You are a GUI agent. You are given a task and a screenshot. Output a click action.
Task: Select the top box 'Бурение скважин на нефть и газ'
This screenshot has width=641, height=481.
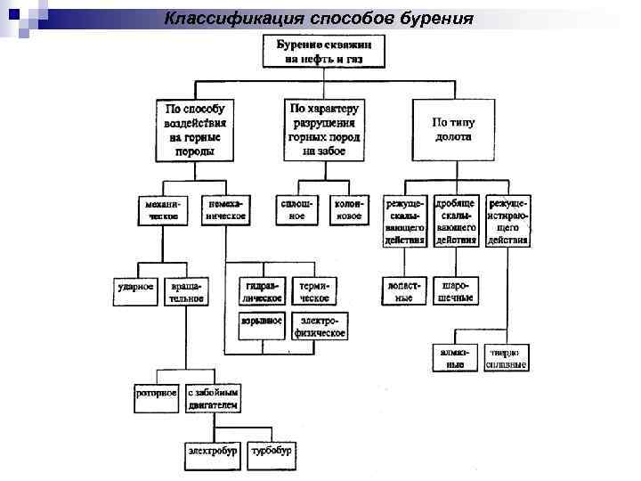pyautogui.click(x=324, y=52)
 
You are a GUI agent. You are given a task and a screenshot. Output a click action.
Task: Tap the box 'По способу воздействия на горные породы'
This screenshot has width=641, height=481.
pyautogui.click(x=194, y=129)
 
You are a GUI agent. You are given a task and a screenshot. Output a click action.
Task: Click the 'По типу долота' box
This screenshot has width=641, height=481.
pyautogui.click(x=452, y=129)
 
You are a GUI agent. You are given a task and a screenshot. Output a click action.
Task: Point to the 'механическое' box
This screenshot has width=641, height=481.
pyautogui.click(x=163, y=209)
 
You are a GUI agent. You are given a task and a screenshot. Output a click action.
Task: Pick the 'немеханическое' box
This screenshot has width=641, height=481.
pyautogui.click(x=226, y=209)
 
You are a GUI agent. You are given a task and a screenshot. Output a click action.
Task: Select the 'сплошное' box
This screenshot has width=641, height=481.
pyautogui.click(x=298, y=209)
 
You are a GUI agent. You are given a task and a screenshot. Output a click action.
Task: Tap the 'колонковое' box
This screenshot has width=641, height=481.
pyautogui.click(x=347, y=209)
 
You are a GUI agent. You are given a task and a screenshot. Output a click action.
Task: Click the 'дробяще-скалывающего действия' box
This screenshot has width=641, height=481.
pyautogui.click(x=456, y=221)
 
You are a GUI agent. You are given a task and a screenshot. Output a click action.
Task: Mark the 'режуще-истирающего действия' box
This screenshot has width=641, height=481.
pyautogui.click(x=507, y=221)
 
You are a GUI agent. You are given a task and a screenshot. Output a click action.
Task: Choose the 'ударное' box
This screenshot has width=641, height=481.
pyautogui.click(x=136, y=287)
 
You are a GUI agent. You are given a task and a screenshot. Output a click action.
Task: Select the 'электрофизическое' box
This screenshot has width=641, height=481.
pyautogui.click(x=320, y=325)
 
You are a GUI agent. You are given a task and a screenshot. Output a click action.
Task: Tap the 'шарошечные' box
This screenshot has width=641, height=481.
pyautogui.click(x=456, y=291)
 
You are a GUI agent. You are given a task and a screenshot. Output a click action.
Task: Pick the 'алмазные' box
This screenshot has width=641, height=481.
pyautogui.click(x=456, y=357)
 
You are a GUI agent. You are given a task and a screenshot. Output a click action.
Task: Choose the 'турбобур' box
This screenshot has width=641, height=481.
pyautogui.click(x=272, y=452)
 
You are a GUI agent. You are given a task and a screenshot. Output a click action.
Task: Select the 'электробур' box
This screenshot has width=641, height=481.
pyautogui.click(x=213, y=452)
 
